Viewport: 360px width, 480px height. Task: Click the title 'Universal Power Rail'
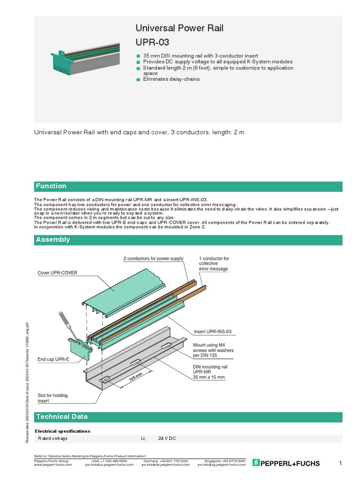coord(179,28)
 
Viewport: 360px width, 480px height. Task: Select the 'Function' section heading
coord(52,186)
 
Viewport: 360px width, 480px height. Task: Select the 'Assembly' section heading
coord(53,240)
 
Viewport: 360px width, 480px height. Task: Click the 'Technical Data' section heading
coord(61,416)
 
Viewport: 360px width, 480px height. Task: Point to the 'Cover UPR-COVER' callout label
coord(57,272)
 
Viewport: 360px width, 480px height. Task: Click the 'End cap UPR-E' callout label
coord(53,360)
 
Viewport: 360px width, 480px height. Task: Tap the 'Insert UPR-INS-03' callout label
coord(213,331)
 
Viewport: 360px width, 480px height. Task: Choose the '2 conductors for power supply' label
coord(153,259)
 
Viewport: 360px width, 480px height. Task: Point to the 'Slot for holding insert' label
coord(52,398)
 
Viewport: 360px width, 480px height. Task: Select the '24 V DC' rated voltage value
coord(167,438)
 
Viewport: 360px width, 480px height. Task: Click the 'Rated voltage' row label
coord(53,438)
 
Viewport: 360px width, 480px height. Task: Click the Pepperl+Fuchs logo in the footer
coord(286,463)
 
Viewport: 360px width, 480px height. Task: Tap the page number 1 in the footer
coord(340,463)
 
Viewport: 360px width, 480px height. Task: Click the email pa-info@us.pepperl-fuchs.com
coord(105,465)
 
